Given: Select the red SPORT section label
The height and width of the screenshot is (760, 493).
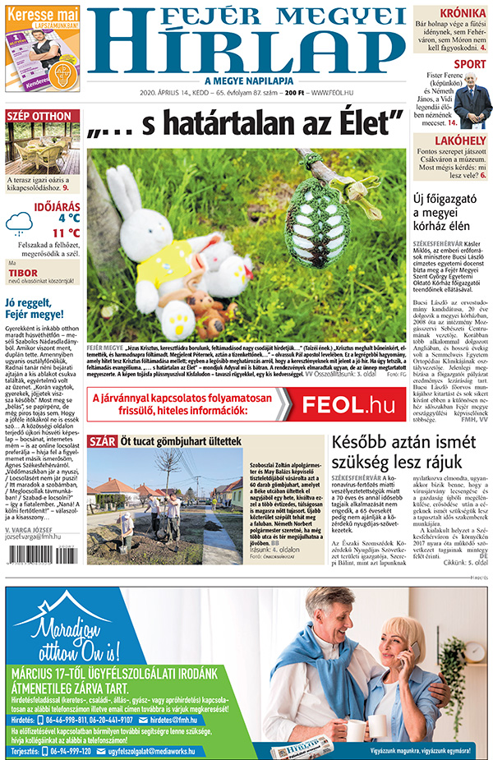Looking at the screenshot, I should coord(469,63).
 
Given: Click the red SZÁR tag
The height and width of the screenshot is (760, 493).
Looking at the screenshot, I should coord(102,441).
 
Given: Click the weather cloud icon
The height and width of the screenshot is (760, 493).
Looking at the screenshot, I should coord(20,223).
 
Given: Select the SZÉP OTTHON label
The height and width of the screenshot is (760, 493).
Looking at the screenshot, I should coord(39,116).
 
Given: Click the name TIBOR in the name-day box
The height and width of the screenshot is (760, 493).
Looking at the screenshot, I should coord(22,271).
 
